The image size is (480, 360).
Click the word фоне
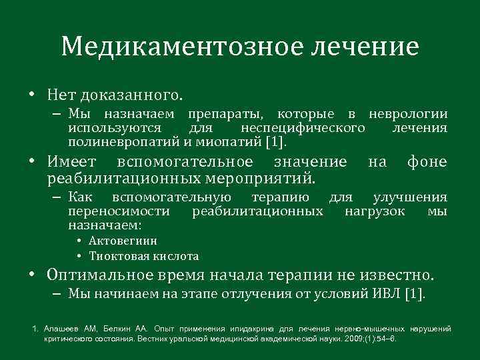pos(427,162)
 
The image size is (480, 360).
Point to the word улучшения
pos(410,197)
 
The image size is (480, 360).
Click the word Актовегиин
pos(123,241)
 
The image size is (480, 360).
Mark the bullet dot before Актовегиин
pos(79,241)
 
